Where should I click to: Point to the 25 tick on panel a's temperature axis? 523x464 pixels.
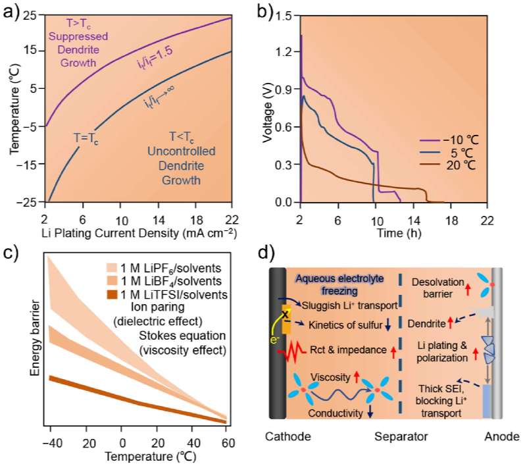pos(30,16)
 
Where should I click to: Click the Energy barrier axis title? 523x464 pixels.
pos(36,340)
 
